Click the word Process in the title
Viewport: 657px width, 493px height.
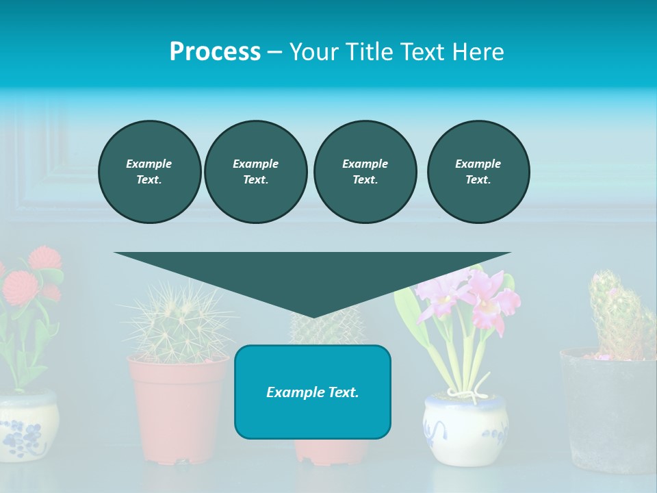(215, 52)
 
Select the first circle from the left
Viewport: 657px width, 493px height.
(149, 172)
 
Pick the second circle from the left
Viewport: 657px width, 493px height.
(255, 172)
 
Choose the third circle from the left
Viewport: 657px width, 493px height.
(365, 172)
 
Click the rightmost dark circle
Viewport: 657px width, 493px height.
(478, 172)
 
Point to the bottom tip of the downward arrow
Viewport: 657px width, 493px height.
(313, 316)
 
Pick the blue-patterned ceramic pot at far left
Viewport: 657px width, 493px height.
(27, 428)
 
